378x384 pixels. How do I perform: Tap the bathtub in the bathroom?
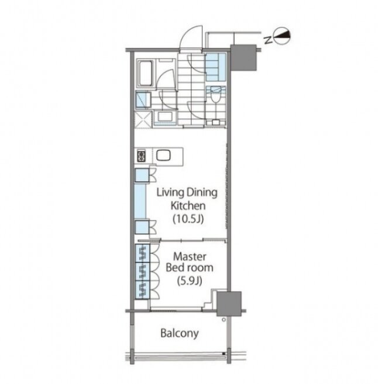coord(145,73)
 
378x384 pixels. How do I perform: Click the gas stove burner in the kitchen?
coord(142,156)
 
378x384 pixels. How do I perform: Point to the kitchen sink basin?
coord(163,155)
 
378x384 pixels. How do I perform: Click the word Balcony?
coord(180,333)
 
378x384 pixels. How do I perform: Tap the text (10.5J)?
coord(188,219)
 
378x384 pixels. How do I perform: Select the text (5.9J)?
coord(190,281)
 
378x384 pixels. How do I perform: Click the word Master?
coord(190,257)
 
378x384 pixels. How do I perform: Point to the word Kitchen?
coord(188,206)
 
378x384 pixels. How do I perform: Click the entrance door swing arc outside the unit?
coord(191,37)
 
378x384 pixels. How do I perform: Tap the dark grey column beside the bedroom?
coord(229,303)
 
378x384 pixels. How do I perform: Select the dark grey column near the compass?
coord(243,58)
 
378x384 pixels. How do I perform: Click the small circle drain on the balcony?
coord(224,320)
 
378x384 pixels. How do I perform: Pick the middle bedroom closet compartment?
coord(142,272)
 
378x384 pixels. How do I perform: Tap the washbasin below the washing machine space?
coord(165,117)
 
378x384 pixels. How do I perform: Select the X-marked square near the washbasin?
coord(143,120)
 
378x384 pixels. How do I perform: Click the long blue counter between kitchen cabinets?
coord(140,201)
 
